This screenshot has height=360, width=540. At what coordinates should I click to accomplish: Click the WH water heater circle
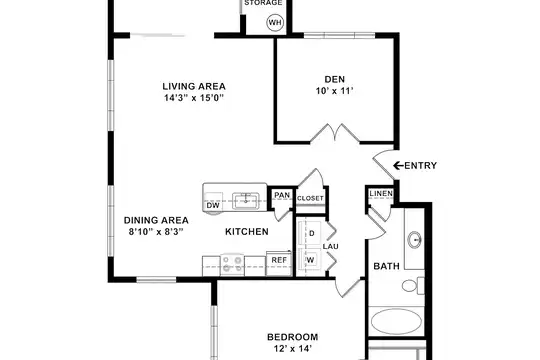point(275,23)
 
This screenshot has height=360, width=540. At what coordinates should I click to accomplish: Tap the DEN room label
point(334,79)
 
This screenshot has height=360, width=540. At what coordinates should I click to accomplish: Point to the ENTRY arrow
point(398,166)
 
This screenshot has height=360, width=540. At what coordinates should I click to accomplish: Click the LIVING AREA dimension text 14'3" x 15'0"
point(194,98)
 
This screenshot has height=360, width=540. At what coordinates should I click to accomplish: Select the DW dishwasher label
point(213,206)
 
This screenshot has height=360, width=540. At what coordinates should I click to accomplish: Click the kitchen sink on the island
point(246,201)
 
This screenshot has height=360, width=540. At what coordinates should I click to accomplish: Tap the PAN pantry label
point(282,195)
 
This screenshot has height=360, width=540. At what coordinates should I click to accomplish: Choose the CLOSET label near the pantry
point(310,198)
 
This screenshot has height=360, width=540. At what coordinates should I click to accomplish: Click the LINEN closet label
point(381,194)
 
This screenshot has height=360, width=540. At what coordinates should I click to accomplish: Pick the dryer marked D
point(310,233)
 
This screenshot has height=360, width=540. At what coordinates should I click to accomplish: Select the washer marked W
point(310,261)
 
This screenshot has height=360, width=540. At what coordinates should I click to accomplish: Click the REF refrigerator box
point(279,264)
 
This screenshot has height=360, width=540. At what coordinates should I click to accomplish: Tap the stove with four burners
point(232,265)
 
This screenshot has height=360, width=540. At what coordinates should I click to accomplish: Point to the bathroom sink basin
point(414,239)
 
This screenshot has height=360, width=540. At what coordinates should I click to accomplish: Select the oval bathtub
point(396,321)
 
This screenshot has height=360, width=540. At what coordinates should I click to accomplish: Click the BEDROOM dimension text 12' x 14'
point(293,349)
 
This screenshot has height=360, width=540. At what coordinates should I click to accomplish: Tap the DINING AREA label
point(156,220)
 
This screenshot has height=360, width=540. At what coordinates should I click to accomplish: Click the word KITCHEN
point(247,232)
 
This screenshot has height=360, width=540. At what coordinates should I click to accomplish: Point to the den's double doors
point(335,133)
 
